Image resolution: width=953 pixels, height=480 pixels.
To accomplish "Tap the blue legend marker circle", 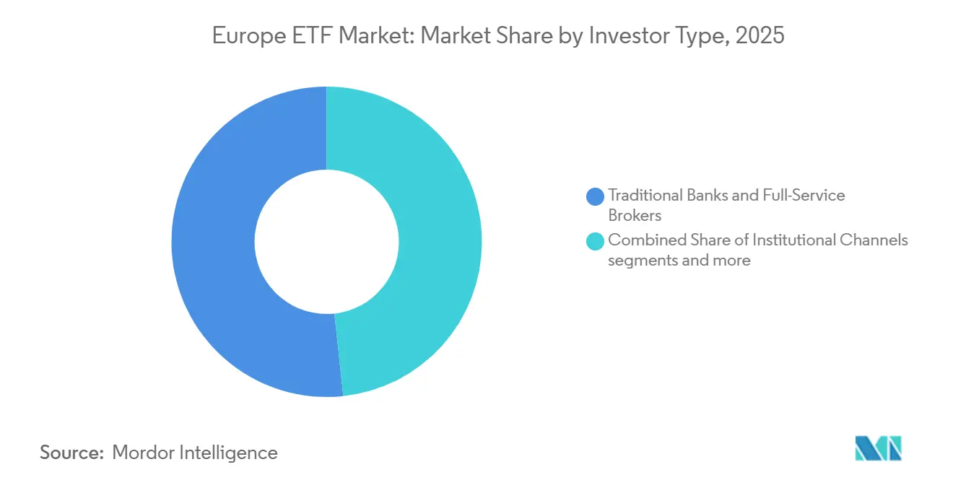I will coord(595,196).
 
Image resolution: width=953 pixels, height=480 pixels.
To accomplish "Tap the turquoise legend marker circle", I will coord(595,240).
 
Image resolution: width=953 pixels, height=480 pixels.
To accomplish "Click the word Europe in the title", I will coord(248,35).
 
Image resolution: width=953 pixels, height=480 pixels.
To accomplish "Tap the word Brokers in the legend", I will coord(635,215).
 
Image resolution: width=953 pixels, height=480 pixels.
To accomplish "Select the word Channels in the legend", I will coord(874,240).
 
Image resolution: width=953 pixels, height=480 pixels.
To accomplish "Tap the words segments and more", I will coord(679,260).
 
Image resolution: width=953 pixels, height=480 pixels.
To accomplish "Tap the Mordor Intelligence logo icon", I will coord(878,448).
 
